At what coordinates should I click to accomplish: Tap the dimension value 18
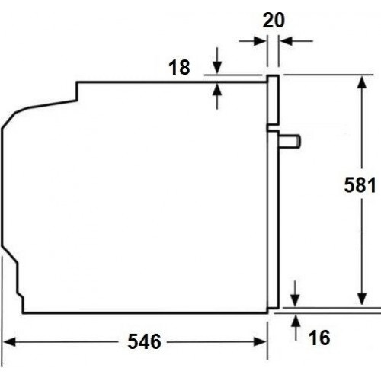(x=178, y=68)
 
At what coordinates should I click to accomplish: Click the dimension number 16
(x=320, y=336)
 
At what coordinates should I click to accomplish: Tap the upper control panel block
(x=272, y=100)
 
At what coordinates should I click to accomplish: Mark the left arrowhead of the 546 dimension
(x=11, y=341)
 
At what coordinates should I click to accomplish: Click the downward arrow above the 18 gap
(x=219, y=67)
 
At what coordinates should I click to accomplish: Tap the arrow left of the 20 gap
(x=259, y=40)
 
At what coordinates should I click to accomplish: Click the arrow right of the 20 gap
(x=285, y=40)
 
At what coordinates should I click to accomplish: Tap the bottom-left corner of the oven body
(x=24, y=312)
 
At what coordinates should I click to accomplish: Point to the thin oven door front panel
(x=271, y=221)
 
